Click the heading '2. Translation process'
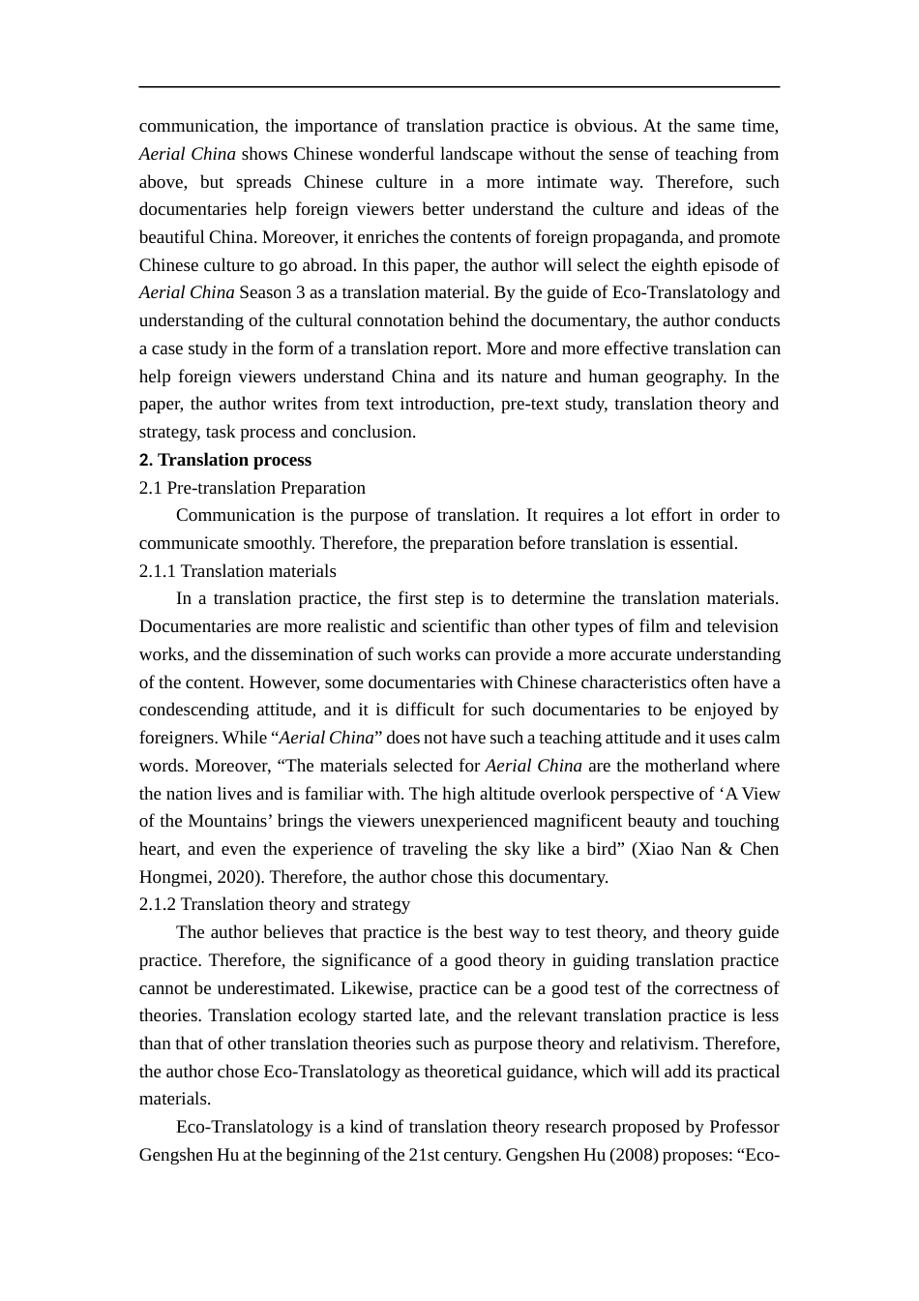point(224,460)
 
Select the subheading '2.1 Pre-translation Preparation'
point(252,488)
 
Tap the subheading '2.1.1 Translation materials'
point(237,571)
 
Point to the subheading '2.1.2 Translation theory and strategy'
point(274,904)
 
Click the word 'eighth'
point(676,265)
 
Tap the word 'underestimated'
point(276,988)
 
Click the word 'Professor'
point(743,1127)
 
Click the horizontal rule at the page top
point(459,87)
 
